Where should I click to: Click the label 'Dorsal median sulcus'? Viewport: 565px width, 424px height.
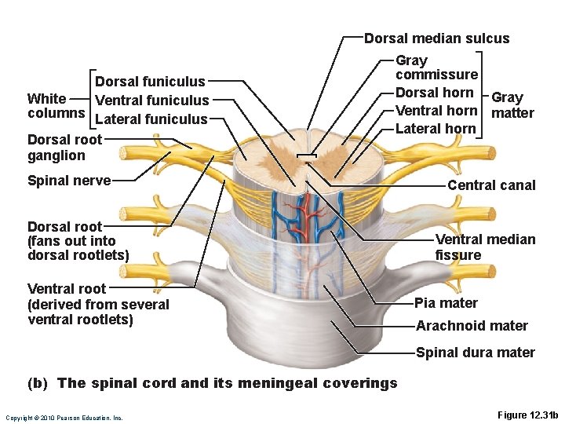436,38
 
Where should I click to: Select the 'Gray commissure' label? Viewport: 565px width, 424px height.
436,68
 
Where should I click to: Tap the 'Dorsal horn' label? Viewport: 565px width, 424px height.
435,93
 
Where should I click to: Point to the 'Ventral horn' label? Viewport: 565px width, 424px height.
436,111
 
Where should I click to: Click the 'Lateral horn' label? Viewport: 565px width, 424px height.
436,129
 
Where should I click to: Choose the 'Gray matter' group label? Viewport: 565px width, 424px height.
512,105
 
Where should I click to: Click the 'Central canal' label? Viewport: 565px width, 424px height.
491,185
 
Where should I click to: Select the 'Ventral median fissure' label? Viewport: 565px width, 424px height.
485,247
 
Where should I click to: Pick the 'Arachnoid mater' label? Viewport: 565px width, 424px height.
472,326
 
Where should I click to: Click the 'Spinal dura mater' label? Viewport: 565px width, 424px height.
475,353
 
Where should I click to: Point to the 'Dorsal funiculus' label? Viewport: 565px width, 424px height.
150,81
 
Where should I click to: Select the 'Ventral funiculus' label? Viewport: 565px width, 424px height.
151,100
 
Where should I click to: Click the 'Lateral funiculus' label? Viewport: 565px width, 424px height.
151,119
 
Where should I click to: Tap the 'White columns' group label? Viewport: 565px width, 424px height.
56,106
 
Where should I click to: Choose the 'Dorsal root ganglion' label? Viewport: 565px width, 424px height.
64,148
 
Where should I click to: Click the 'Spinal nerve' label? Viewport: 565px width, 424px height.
68,181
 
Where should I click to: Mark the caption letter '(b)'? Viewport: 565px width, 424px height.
38,383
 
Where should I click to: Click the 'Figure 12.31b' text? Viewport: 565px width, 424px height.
527,415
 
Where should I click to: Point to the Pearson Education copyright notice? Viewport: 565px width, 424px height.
64,418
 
